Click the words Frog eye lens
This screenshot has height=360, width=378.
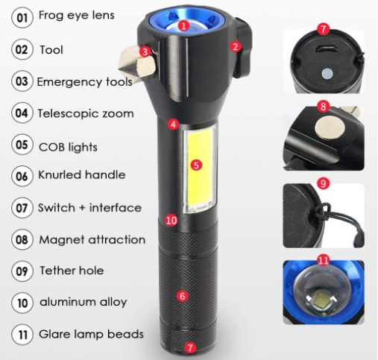(77, 16)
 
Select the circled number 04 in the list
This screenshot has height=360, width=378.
(22, 113)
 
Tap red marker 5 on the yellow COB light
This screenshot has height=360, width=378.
(196, 165)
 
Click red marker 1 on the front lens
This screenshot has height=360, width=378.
(183, 25)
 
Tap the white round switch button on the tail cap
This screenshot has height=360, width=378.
(327, 74)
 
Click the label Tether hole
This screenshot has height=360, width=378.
(72, 271)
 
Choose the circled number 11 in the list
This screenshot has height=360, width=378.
(22, 335)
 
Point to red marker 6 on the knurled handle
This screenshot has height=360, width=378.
(182, 296)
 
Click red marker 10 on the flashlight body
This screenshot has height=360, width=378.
(171, 220)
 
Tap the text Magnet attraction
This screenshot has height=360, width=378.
(92, 240)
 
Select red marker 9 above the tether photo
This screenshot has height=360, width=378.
(323, 183)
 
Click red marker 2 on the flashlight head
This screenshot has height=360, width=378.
(235, 46)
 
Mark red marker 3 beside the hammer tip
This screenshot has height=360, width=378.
(145, 52)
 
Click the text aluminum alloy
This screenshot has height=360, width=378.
(84, 302)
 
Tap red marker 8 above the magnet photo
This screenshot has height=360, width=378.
(323, 107)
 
